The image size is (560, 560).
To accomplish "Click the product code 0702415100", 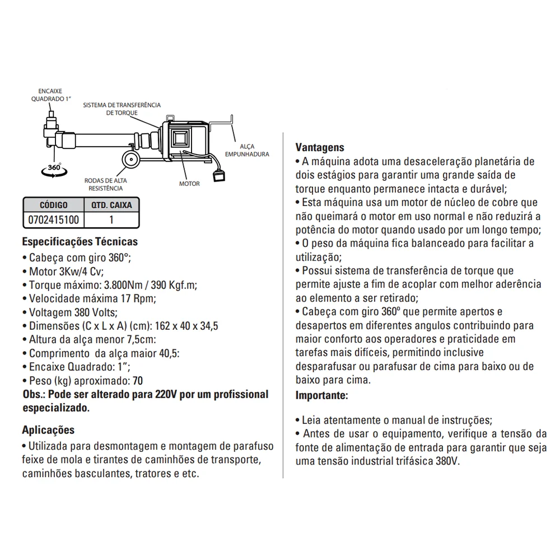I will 53,220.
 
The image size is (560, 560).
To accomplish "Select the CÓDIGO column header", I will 53,205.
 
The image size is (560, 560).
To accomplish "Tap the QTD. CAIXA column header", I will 111,205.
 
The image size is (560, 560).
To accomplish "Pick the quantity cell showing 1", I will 111,220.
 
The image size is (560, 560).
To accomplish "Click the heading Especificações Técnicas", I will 80,242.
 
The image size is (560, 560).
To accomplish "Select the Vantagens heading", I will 320,147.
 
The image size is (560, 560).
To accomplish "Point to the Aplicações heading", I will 48,430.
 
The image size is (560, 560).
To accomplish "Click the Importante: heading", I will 321,395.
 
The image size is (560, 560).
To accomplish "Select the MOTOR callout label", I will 189,184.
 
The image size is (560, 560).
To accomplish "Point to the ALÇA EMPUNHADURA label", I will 246,150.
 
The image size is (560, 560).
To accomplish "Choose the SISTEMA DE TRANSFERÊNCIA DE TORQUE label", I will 122,109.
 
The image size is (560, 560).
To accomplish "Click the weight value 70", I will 137,381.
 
